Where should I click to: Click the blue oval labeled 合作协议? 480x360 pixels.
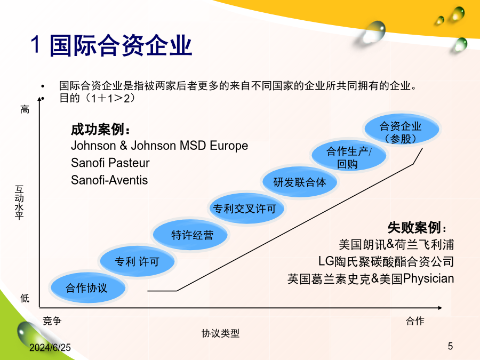click(88, 288)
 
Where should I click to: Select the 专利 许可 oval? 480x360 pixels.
click(138, 261)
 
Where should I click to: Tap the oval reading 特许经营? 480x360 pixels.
click(190, 235)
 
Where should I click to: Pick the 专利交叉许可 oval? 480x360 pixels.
click(245, 209)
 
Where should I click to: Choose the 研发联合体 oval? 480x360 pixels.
click(300, 182)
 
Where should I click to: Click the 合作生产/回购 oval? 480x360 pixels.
click(349, 156)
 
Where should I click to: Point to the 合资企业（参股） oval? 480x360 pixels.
click(402, 129)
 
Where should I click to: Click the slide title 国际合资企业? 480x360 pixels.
click(121, 45)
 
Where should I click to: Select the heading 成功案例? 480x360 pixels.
click(100, 130)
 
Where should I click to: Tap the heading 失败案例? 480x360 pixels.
click(417, 227)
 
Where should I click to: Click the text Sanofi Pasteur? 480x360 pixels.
click(110, 163)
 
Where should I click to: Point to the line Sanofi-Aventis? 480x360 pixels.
click(109, 180)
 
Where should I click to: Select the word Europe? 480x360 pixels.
click(229, 146)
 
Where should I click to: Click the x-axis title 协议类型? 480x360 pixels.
click(220, 333)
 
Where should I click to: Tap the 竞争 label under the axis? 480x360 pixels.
click(52, 321)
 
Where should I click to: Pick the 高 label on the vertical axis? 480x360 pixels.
click(25, 109)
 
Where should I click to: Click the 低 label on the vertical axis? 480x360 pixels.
click(25, 298)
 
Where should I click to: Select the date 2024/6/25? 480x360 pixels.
click(50, 347)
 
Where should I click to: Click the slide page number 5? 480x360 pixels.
click(450, 346)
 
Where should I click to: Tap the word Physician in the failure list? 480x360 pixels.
click(428, 278)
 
